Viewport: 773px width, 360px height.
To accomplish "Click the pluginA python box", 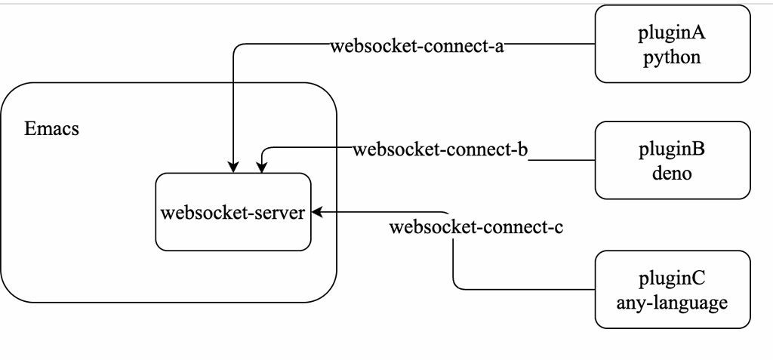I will pos(673,44).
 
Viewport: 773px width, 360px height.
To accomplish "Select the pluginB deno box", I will pos(673,160).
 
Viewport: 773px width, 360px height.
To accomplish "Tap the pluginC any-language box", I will pos(673,290).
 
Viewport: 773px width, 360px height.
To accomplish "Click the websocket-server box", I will pos(233,212).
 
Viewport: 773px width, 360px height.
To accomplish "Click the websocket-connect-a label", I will pos(417,45).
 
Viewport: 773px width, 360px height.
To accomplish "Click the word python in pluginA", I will pos(673,57).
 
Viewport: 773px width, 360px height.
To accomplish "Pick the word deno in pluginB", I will pos(673,174).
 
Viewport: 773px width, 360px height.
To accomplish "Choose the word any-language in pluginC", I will pos(673,303).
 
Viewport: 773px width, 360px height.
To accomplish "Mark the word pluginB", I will pos(673,149).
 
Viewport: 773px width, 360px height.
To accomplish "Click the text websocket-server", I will pos(233,212).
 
